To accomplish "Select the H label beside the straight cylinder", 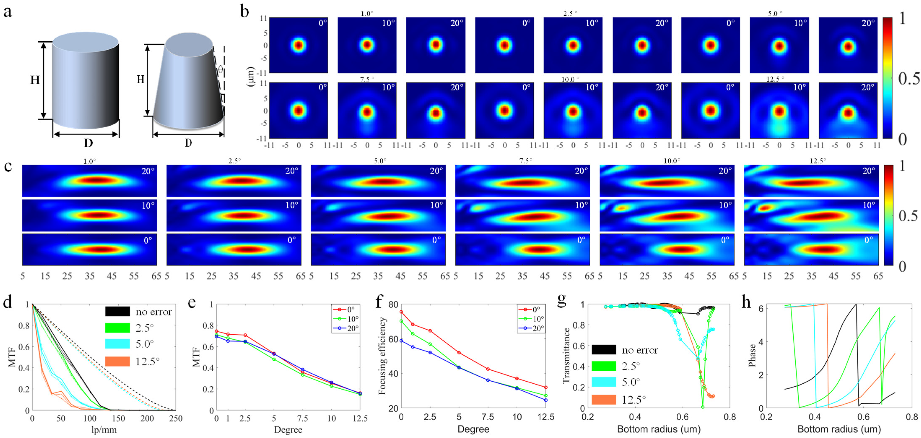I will (35, 80).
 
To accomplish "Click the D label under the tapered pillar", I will (188, 143).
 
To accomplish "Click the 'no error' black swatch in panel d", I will (117, 311).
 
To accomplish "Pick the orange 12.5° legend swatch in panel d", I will (117, 361).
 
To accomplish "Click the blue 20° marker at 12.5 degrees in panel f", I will (546, 400).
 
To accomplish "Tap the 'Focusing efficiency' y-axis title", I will (382, 356).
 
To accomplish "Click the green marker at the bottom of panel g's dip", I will (703, 407).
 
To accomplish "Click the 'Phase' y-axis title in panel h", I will (752, 355).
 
